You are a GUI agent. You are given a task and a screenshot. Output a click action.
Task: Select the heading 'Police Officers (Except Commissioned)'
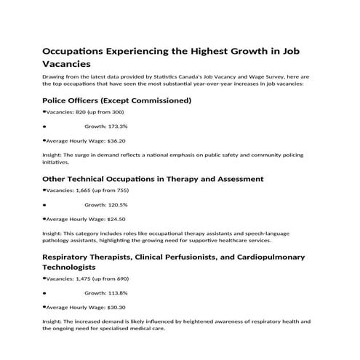116,100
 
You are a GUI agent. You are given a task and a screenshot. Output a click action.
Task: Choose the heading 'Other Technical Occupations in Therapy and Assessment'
153,178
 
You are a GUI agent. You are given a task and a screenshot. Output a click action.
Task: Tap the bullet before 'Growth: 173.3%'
44,127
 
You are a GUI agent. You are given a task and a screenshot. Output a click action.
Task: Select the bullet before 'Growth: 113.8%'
44,292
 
